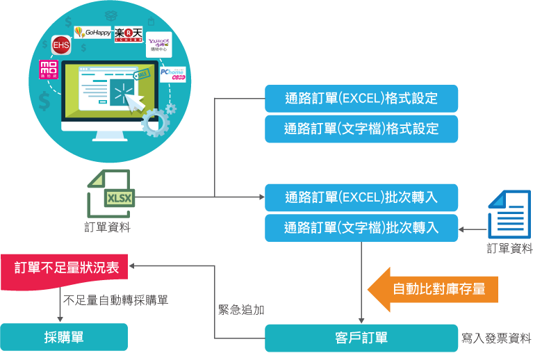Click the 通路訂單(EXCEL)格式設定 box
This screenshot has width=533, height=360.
pyautogui.click(x=361, y=98)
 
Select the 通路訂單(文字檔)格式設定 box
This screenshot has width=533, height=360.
pyautogui.click(x=361, y=129)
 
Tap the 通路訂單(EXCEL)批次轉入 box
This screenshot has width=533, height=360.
pyautogui.click(x=361, y=197)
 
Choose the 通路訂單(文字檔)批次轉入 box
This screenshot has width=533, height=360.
pyautogui.click(x=361, y=227)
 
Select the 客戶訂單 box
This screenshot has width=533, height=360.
pyautogui.click(x=361, y=338)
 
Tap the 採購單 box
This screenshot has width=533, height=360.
pyautogui.click(x=64, y=338)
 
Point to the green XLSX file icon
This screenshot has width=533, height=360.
pyautogui.click(x=112, y=195)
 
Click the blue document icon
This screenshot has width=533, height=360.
pyautogui.click(x=509, y=213)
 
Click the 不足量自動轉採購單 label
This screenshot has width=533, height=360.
pyautogui.click(x=116, y=301)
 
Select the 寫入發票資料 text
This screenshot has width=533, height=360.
pyautogui.click(x=497, y=339)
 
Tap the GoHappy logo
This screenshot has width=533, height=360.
pyautogui.click(x=92, y=31)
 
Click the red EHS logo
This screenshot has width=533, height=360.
pyautogui.click(x=61, y=46)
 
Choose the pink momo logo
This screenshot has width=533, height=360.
pyautogui.click(x=48, y=71)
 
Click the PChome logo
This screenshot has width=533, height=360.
pyautogui.click(x=172, y=74)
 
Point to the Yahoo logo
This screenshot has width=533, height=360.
pyautogui.click(x=158, y=46)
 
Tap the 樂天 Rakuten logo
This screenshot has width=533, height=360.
pyautogui.click(x=129, y=33)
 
